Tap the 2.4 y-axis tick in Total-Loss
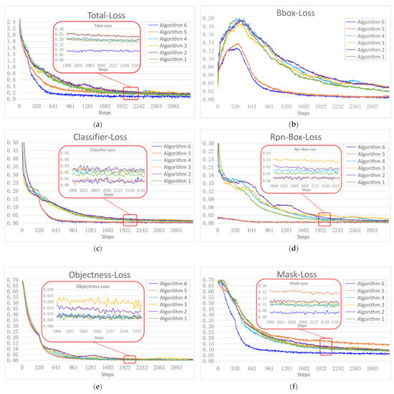point(8,21)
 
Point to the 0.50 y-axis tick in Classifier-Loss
point(8,143)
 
